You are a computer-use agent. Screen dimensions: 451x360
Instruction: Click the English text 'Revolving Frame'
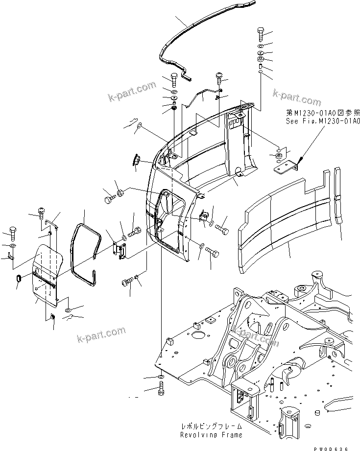[211, 435]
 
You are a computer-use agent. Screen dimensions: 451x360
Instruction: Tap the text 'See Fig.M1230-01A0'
[323, 120]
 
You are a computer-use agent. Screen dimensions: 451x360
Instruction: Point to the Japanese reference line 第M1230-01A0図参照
[323, 112]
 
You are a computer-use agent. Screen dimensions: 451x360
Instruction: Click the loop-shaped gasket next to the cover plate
[86, 255]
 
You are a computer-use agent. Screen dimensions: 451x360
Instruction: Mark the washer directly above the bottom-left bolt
[161, 377]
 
